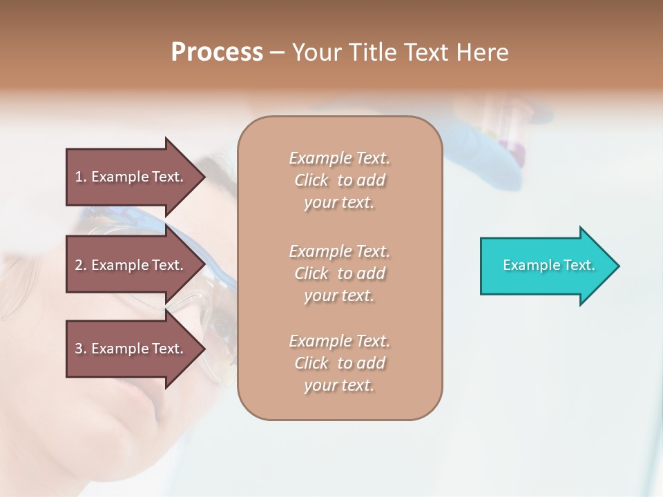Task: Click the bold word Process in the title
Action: click(x=217, y=52)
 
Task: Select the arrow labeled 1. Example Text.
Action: click(x=131, y=177)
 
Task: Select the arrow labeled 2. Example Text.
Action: click(x=131, y=265)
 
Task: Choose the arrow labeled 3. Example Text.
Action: click(x=131, y=349)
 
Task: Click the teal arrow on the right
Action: click(x=546, y=266)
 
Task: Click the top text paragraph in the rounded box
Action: click(x=339, y=180)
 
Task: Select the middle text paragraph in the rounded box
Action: click(x=339, y=273)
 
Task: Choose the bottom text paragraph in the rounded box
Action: click(x=339, y=363)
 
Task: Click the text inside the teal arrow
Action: click(x=548, y=265)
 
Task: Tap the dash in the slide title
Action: click(x=277, y=52)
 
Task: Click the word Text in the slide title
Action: click(x=427, y=52)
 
